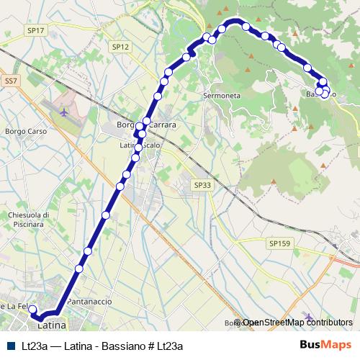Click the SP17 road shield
pyautogui.click(x=35, y=30)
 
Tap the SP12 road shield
pyautogui.click(x=120, y=46)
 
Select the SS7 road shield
pyautogui.click(x=10, y=82)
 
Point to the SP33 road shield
pyautogui.click(x=202, y=185)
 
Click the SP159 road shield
pyautogui.click(x=279, y=244)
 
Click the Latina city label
pyautogui.click(x=51, y=325)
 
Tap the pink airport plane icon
pyautogui.click(x=66, y=112)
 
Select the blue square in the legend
pyautogui.click(x=12, y=346)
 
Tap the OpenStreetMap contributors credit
pyautogui.click(x=297, y=323)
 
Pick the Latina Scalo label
pyautogui.click(x=140, y=145)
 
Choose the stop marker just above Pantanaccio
pyautogui.click(x=79, y=269)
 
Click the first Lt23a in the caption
pyautogui.click(x=35, y=346)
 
